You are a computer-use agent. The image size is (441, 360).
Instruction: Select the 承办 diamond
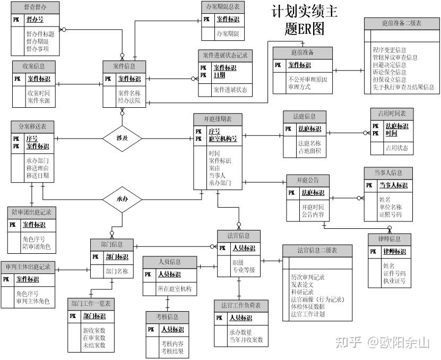pyautogui.click(x=123, y=199)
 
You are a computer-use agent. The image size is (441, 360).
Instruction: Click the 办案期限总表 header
pyautogui.click(x=223, y=7)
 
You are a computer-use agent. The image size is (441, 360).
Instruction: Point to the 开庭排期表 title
pyautogui.click(x=218, y=118)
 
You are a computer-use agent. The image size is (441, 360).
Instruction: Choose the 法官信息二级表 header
pyautogui.click(x=317, y=250)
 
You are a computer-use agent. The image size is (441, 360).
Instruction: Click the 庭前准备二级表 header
pyautogui.click(x=401, y=23)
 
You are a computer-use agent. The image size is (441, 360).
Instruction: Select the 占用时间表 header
pyautogui.click(x=392, y=113)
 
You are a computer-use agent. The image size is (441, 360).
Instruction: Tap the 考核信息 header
pyautogui.click(x=168, y=317)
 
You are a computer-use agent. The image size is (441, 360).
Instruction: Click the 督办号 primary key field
pyautogui.click(x=35, y=20)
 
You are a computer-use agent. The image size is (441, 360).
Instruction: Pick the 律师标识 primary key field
pyautogui.click(x=395, y=251)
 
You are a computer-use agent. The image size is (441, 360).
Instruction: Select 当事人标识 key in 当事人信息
pyautogui.click(x=393, y=185)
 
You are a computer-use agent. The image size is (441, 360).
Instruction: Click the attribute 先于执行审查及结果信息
pyautogui.click(x=403, y=87)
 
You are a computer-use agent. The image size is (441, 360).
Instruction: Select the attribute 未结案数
pyautogui.click(x=94, y=345)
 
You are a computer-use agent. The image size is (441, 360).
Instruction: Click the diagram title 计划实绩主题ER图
pyautogui.click(x=304, y=20)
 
